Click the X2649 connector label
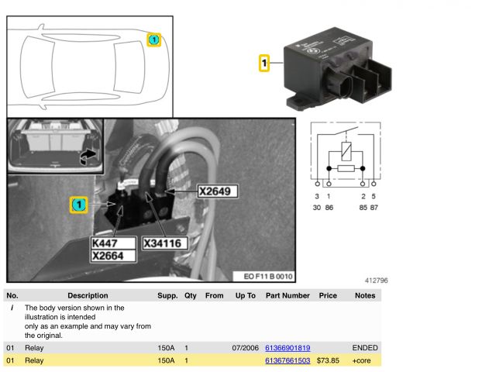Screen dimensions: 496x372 [218, 191]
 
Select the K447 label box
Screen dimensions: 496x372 [113, 243]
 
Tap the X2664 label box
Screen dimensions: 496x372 [113, 256]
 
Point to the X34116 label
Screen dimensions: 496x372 [164, 243]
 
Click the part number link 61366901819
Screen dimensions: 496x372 [288, 348]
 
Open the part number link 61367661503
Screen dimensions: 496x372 [288, 360]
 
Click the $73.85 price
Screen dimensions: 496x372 [328, 360]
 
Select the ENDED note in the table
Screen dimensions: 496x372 [365, 348]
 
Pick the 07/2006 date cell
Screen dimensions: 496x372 [245, 348]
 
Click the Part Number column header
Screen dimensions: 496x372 [288, 295]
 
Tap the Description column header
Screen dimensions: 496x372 [88, 295]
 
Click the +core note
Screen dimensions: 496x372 [361, 360]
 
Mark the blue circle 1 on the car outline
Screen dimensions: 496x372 [153, 40]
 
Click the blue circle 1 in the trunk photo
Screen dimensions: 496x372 [79, 205]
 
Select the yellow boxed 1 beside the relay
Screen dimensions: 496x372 [264, 63]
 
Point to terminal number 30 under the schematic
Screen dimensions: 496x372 [317, 208]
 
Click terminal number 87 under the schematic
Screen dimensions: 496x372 [374, 208]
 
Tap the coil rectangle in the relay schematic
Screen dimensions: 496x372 [346, 151]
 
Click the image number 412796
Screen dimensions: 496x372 [376, 281]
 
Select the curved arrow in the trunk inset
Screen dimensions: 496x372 [88, 157]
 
